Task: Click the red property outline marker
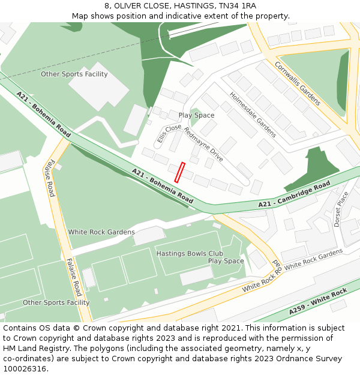point(179,172)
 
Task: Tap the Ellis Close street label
point(169,133)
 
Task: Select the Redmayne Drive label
point(203,145)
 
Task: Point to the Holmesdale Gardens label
point(252,114)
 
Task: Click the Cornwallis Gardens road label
point(298,82)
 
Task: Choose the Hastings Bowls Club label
point(185,254)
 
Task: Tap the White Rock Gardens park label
point(101,232)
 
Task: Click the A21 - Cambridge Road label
point(294,195)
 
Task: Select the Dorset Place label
point(341,209)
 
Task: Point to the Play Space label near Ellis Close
point(196,115)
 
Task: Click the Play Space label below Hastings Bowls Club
point(226,262)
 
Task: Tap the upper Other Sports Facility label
point(74,74)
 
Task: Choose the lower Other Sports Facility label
point(56,302)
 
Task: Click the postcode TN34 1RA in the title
point(237,5)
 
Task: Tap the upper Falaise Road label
point(51,178)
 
